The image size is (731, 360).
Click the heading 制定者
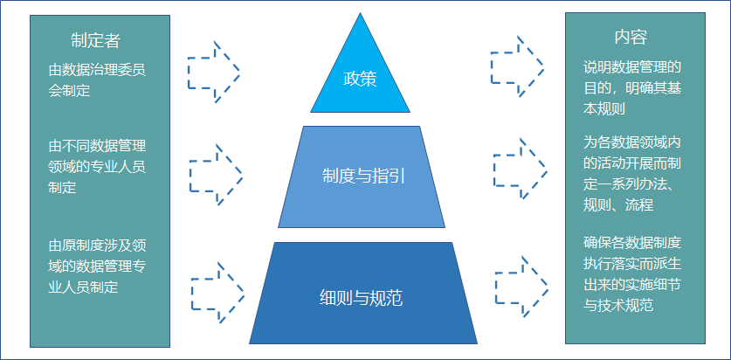(x=96, y=39)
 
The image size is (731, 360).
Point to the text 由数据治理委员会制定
(x=96, y=80)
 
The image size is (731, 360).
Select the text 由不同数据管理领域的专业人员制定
(x=96, y=166)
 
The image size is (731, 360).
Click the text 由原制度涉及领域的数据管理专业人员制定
(x=96, y=266)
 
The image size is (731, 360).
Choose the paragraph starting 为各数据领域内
(x=631, y=172)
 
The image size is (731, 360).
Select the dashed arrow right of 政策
(x=517, y=66)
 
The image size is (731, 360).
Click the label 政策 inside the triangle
(x=360, y=80)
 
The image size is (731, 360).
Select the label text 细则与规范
(x=362, y=297)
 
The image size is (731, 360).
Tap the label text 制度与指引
(x=362, y=176)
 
